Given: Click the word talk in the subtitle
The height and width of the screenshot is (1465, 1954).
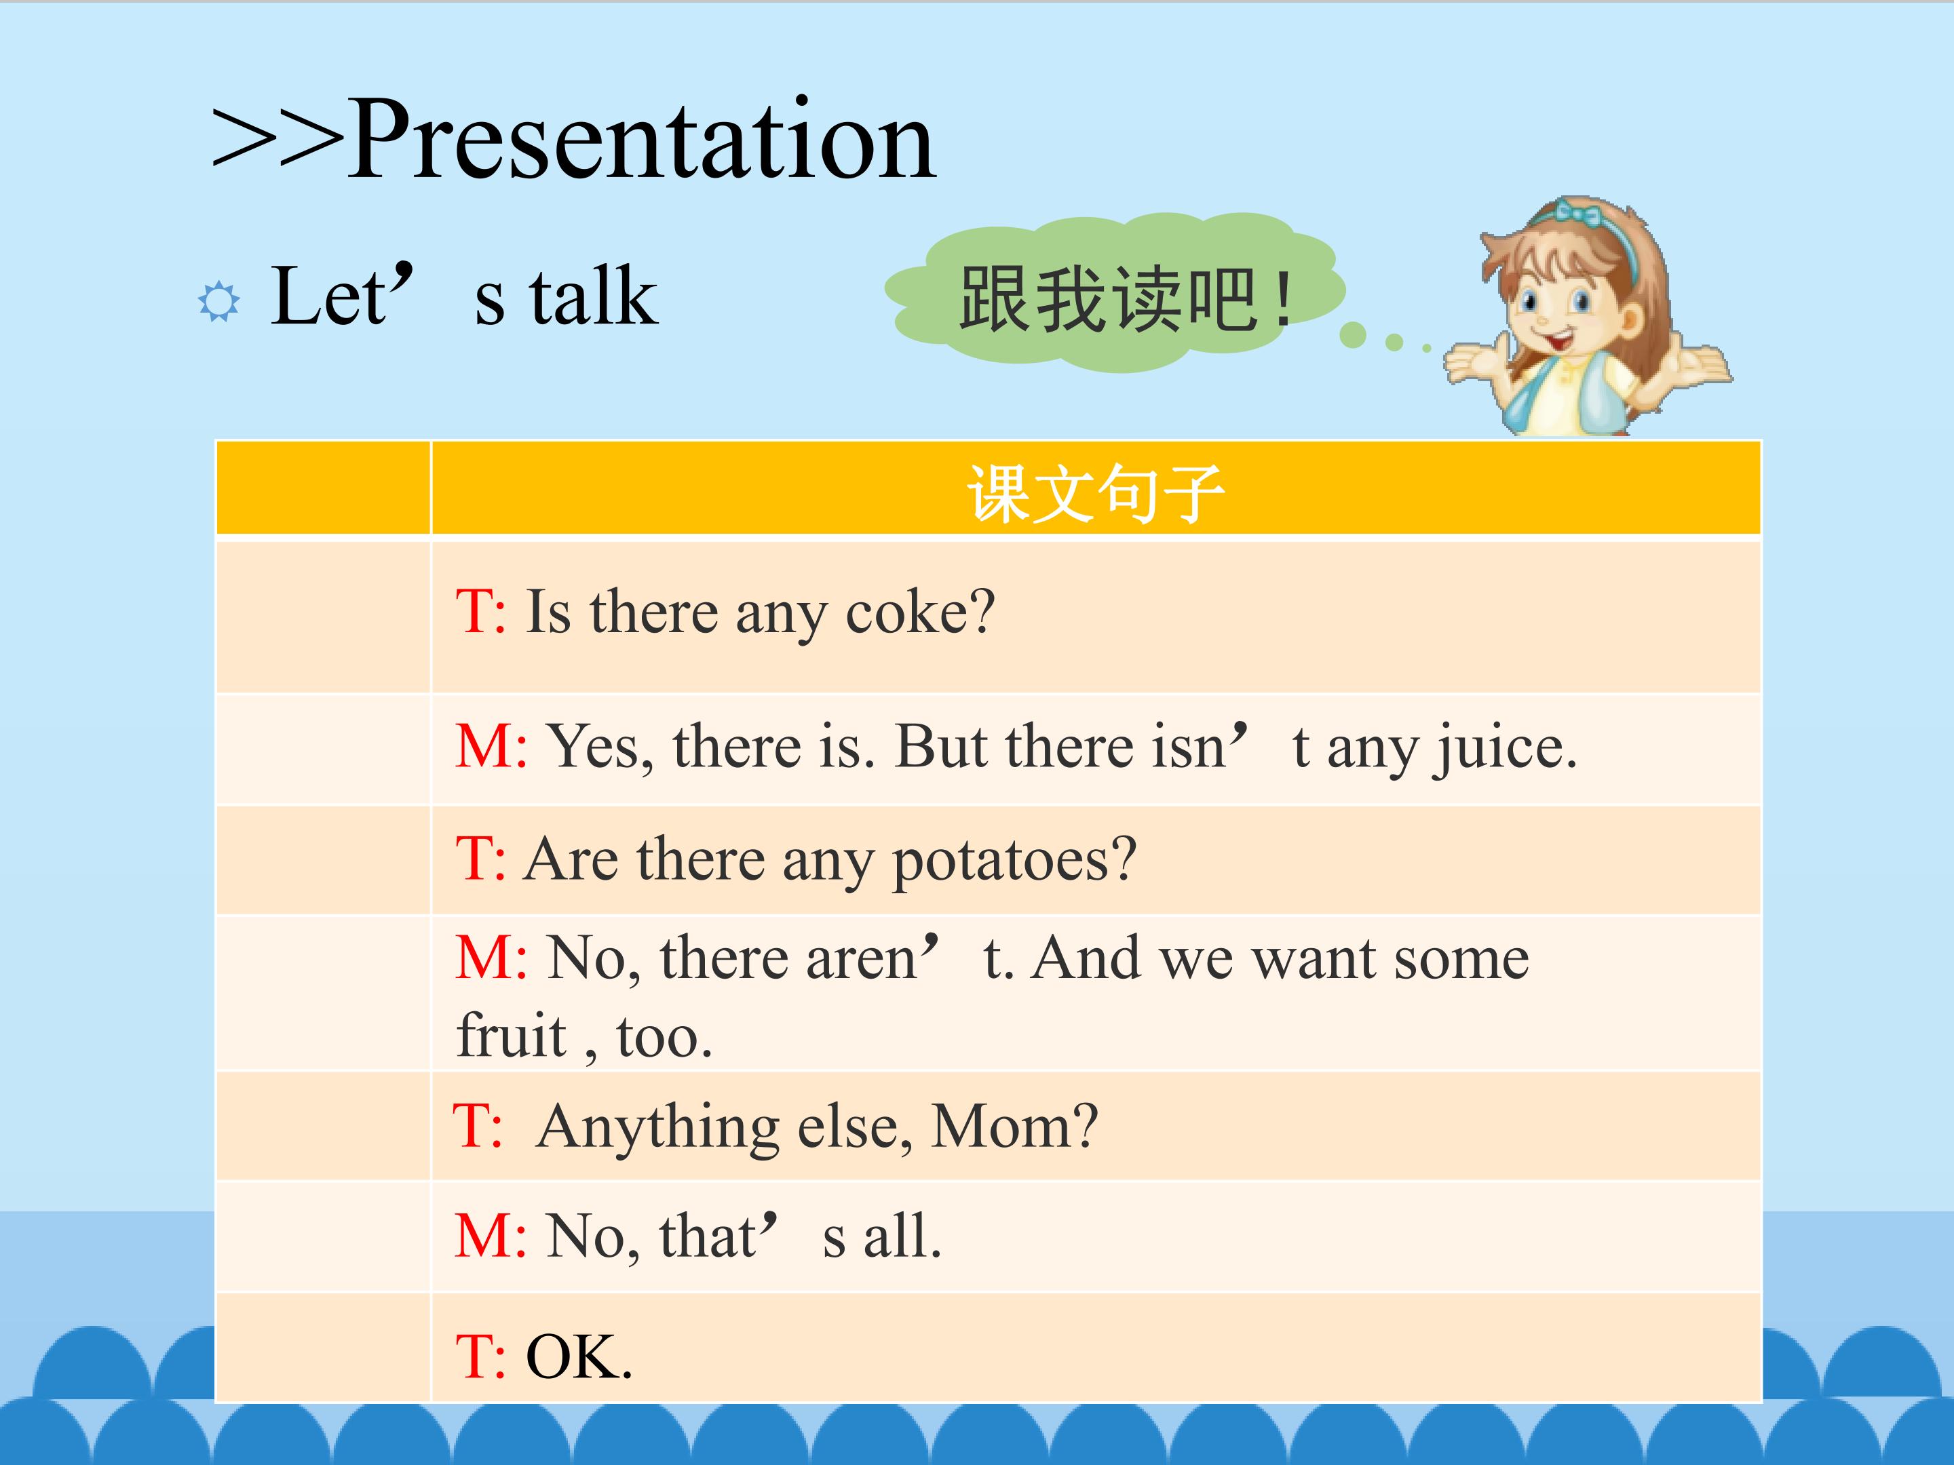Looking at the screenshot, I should click(594, 296).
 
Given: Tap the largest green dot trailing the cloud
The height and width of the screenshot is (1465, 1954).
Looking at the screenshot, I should click(1352, 334).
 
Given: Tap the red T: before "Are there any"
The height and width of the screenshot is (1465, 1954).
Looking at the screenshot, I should click(480, 859).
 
